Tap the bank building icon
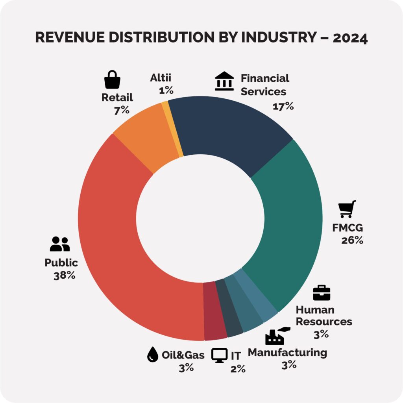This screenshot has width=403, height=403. [x=224, y=81]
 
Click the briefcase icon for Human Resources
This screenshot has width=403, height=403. [x=322, y=293]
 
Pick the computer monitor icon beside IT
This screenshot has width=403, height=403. [x=219, y=355]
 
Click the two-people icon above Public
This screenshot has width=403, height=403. [x=60, y=244]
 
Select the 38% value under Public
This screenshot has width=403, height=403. [x=64, y=275]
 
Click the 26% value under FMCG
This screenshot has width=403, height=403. [x=352, y=240]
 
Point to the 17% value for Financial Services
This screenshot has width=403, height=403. [x=283, y=106]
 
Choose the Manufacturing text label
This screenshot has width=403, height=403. [x=287, y=352]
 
